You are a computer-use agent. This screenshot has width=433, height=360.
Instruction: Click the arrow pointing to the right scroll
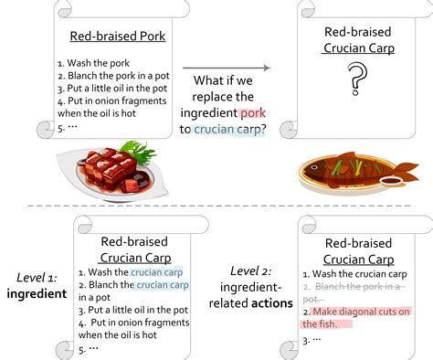tap(226, 68)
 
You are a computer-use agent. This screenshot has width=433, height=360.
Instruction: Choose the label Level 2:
tap(248, 271)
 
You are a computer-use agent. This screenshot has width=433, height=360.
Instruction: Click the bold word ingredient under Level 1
tap(38, 293)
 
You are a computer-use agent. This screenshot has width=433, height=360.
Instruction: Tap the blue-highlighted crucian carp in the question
tap(233, 130)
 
